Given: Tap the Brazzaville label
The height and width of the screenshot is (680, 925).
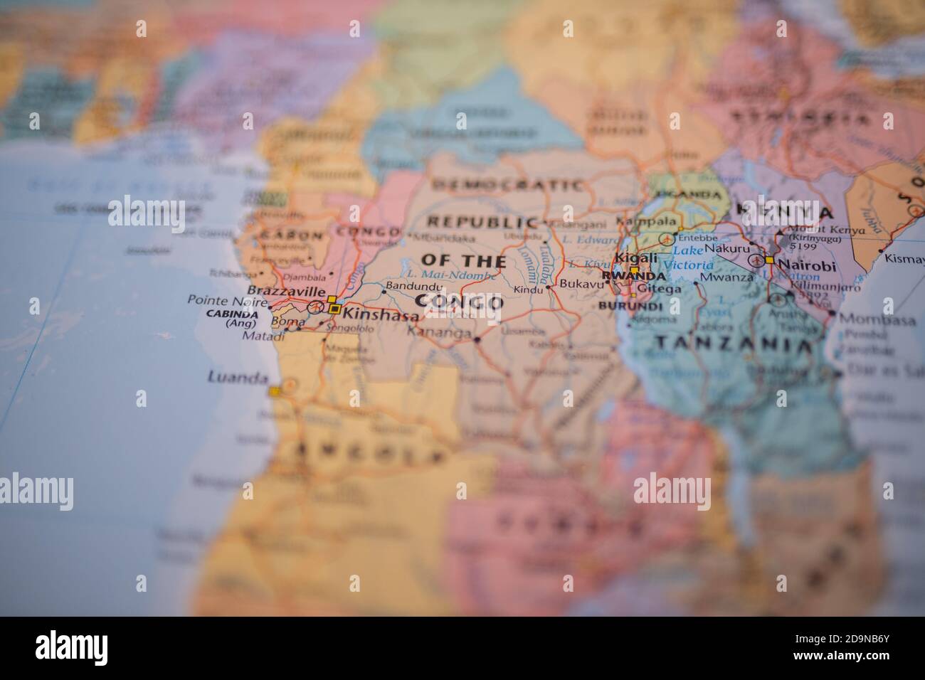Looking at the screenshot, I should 286,292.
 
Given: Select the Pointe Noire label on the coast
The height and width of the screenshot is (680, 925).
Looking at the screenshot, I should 221,300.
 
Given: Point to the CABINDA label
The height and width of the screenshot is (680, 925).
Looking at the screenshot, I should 231,313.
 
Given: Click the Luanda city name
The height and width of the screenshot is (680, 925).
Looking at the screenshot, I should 238,378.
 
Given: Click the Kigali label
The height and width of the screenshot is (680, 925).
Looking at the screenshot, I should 631,257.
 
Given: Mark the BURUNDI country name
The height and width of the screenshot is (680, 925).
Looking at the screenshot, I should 630,306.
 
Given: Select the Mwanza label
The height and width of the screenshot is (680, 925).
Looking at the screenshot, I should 726,277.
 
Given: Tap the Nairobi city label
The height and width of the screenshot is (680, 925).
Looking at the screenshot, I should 805,265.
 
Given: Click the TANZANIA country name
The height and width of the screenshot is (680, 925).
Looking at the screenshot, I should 733,344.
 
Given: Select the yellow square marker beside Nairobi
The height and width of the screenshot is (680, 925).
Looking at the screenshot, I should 769,261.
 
